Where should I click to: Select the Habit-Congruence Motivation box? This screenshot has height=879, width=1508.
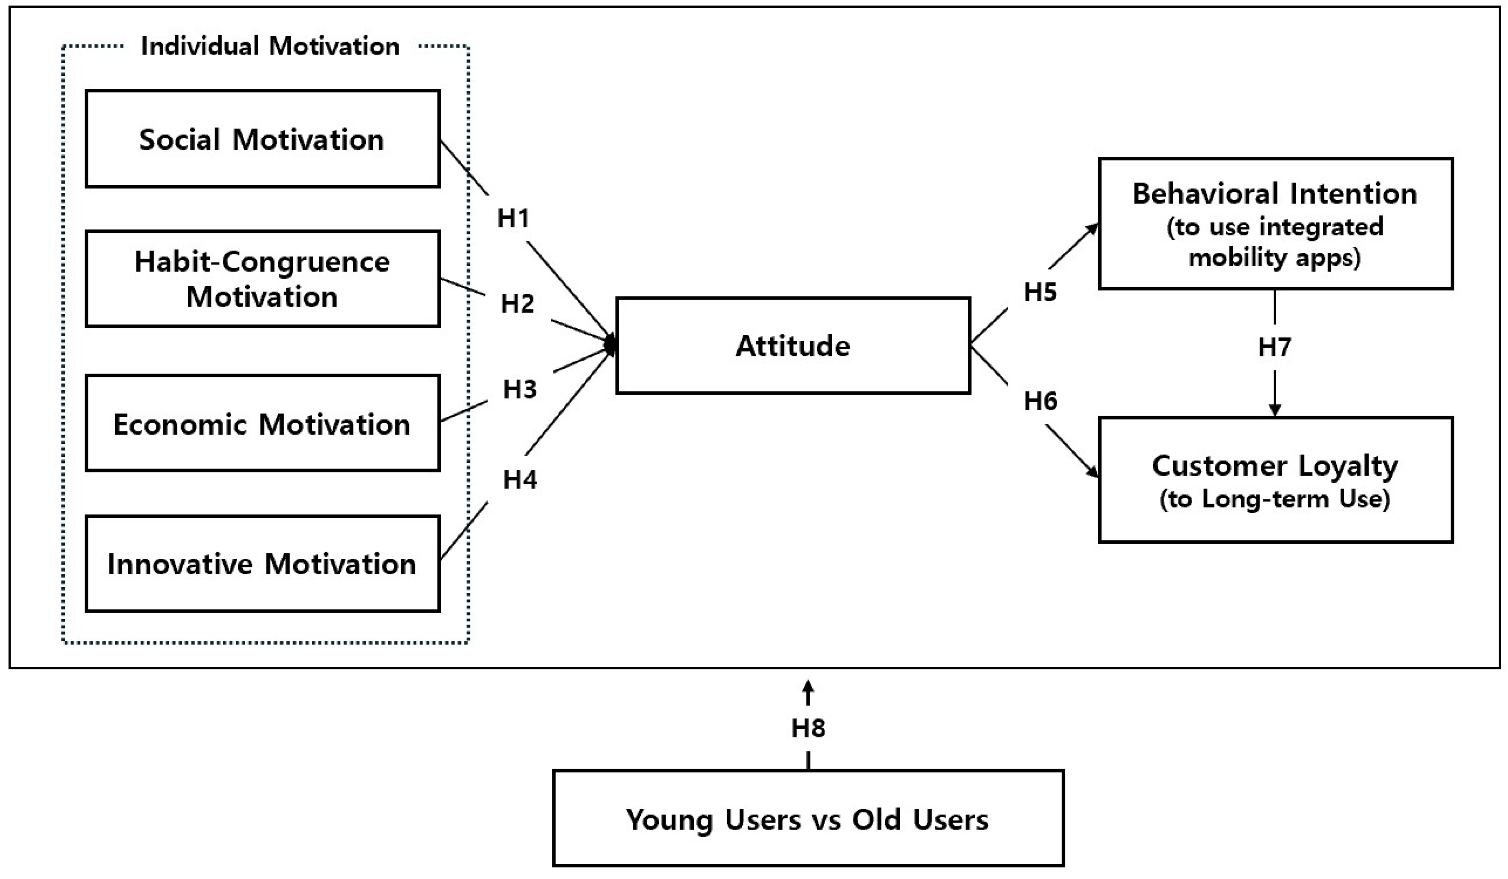pos(262,279)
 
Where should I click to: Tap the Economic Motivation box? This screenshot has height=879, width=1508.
pos(262,424)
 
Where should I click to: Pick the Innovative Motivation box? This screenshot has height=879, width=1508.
pos(262,564)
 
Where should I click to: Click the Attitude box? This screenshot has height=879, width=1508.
pos(793,346)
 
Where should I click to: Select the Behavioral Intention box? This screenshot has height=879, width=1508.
pos(1275,224)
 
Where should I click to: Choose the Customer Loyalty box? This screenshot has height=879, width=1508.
pos(1275,480)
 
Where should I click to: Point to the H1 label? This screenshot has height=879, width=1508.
pos(513,218)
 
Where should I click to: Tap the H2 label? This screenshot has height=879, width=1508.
pos(517,304)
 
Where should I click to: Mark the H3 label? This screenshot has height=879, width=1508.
pos(519,389)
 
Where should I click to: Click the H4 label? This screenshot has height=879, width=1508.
pos(519,479)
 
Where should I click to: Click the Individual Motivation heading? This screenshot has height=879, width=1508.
pos(270,46)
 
